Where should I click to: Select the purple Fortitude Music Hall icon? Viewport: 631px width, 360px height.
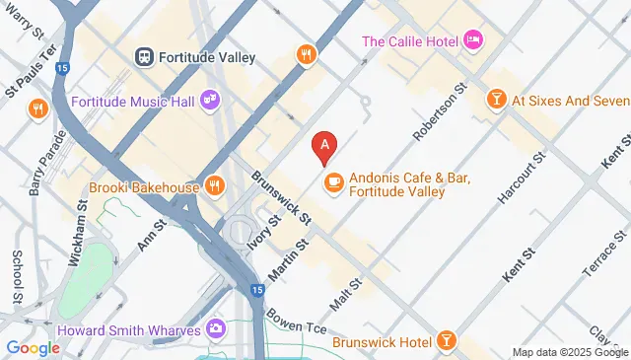pos(209,99)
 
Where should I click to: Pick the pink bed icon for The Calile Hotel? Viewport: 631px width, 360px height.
pos(474,40)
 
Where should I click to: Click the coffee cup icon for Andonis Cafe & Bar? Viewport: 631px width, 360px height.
pos(333,180)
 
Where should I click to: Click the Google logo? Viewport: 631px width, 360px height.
pos(33,347)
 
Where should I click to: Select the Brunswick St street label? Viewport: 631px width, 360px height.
pos(281,194)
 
